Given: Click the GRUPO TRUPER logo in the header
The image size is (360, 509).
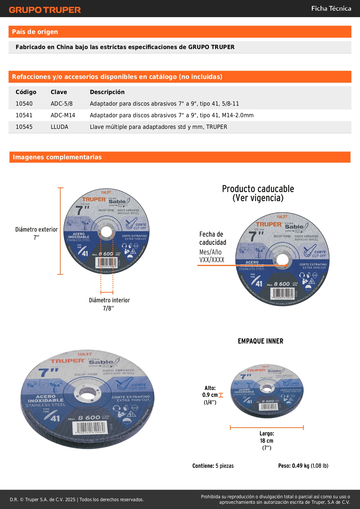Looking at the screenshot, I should tap(45, 10).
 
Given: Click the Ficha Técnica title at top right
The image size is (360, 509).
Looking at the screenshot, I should tap(331, 9).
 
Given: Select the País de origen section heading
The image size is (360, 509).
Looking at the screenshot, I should tap(35, 32).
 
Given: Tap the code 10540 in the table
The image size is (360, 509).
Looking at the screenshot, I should tap(24, 104).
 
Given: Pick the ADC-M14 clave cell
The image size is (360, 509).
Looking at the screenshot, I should tap(63, 115).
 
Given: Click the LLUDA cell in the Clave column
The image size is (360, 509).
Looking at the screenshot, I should tap(59, 127).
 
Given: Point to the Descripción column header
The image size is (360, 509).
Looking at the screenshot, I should tap(107, 92).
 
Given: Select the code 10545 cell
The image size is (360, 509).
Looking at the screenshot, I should tap(24, 127).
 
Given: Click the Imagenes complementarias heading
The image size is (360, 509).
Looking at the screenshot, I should tap(57, 157).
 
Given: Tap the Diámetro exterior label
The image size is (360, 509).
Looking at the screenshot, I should tap(37, 230).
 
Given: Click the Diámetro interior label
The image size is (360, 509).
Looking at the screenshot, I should tap(109, 300).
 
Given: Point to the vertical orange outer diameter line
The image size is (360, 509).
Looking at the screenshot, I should tap(60, 231).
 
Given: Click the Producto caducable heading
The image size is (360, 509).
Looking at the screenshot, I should tap(258, 193).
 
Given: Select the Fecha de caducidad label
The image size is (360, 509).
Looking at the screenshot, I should tap(212, 238).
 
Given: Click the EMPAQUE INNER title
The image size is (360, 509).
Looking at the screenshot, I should tap(260, 341).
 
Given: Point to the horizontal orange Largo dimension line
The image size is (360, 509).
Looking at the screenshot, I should tap(267, 427).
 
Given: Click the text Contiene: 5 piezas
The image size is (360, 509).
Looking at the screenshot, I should tap(213, 466).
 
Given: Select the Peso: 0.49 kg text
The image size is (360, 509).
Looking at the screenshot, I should tap(303, 466).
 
